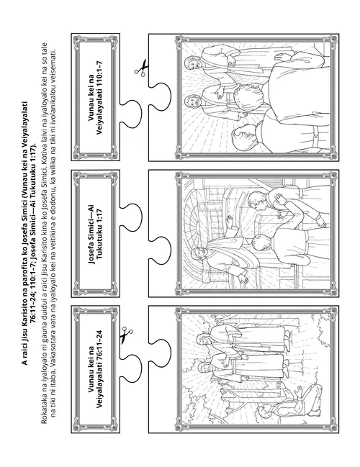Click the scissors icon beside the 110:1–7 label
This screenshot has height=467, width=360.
141,68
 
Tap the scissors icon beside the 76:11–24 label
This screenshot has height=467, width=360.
126,335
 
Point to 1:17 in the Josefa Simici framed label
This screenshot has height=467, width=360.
99,216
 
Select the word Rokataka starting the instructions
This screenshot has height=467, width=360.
44,408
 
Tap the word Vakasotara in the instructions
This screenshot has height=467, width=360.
54,389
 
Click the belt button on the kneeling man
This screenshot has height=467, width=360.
315,137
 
